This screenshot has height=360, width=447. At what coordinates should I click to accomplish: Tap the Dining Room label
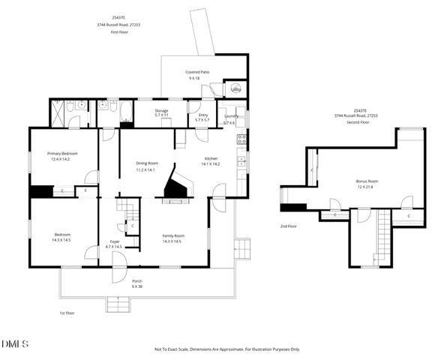146,163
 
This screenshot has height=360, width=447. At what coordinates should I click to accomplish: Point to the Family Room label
173,235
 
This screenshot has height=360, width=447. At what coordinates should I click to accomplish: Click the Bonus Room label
367,181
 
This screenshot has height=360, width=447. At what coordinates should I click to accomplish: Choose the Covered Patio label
197,72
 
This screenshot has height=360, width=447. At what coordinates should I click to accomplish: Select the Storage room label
161,111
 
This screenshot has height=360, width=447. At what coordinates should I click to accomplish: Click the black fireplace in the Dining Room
176,187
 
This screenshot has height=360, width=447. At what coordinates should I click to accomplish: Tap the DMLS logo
15,343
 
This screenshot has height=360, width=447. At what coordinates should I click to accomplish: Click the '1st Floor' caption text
68,313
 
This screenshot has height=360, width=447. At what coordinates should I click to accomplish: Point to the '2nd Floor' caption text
289,226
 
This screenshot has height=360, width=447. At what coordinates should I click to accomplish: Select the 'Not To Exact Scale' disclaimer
226,349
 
